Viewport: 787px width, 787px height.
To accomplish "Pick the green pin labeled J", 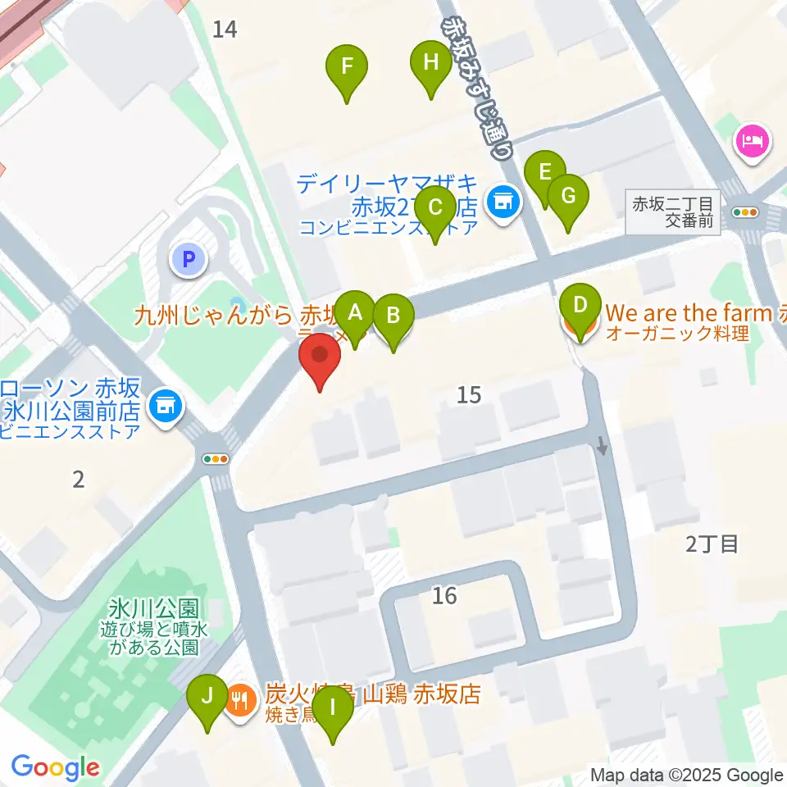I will point(207,698).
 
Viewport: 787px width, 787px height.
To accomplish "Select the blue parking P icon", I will point(189,261).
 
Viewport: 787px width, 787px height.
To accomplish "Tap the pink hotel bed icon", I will point(753,139).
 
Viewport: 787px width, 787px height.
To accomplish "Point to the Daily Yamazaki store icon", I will point(502,200).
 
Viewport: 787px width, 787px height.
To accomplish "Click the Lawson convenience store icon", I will point(166,404).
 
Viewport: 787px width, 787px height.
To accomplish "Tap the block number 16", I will point(444,596).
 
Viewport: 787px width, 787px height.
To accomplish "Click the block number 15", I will point(468,395).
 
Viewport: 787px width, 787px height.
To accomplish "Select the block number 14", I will point(224,30).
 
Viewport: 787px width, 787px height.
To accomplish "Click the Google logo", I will point(55,768).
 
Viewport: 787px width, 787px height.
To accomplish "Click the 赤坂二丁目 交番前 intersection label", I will point(676,211).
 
